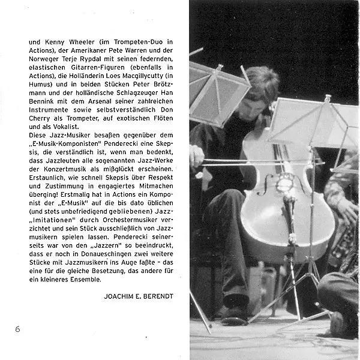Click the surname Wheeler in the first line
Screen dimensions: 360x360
click(x=81, y=43)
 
